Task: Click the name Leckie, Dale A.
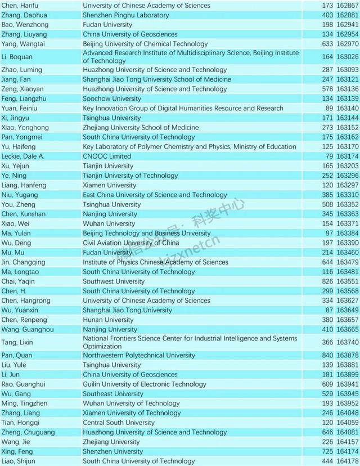[x=23, y=156]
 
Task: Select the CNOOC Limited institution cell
[x=107, y=156]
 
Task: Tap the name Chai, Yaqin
[x=18, y=281]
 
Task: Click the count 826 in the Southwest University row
[x=328, y=281]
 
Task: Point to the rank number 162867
[x=348, y=5]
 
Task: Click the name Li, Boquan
[x=17, y=57]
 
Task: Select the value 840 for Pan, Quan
[x=328, y=355]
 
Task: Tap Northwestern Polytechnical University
[x=139, y=355]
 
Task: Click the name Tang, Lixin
[x=18, y=342]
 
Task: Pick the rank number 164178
[x=348, y=461]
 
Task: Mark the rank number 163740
[x=348, y=342]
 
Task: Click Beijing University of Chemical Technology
[x=145, y=43]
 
